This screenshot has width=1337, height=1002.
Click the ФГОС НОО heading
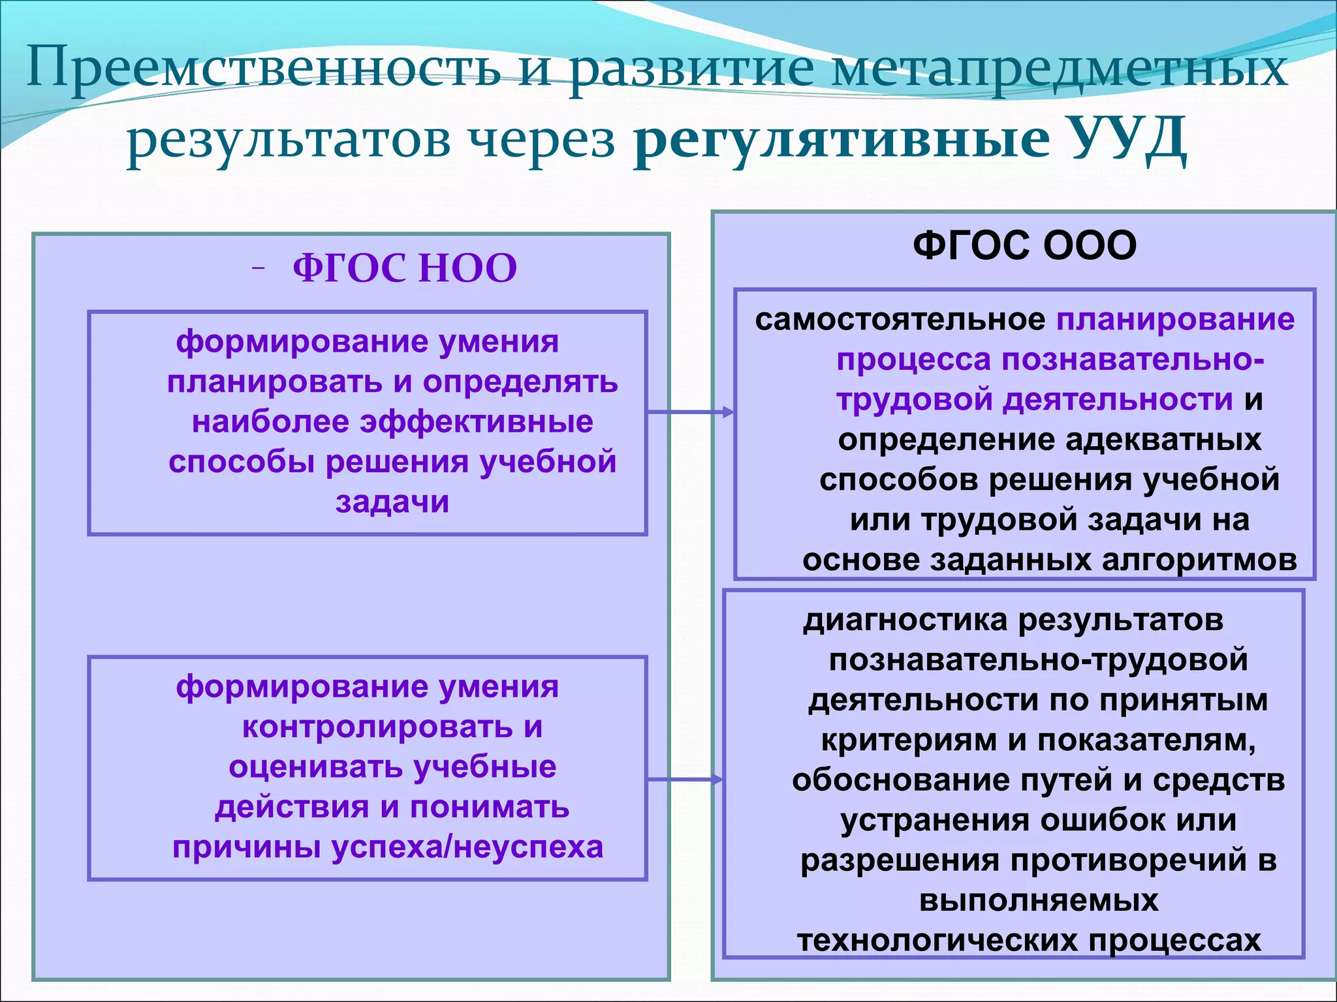point(405,268)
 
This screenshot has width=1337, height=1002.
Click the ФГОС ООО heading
point(1024,246)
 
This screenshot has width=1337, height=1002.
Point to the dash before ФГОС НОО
point(259,267)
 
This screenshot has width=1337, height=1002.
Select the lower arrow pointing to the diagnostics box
point(685,779)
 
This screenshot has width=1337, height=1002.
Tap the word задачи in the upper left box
point(392,502)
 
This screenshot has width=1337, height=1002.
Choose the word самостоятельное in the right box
point(900,320)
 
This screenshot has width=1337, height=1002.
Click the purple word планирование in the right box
point(1175,320)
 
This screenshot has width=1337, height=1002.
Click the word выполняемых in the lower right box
point(1039,901)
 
